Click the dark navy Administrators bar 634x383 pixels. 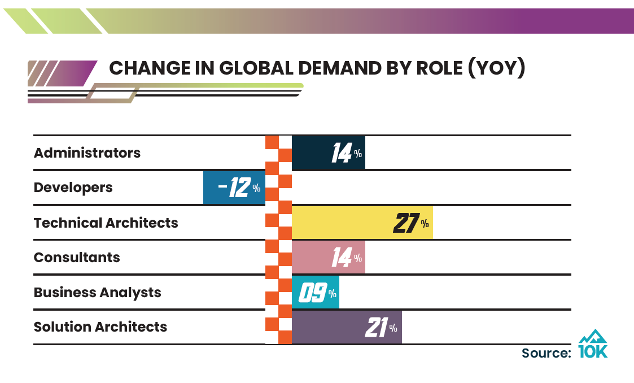[328, 153]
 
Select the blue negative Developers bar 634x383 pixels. [234, 188]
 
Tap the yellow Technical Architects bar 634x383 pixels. [362, 223]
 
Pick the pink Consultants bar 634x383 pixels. [328, 258]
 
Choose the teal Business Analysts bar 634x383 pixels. [315, 293]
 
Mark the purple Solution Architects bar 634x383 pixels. [346, 327]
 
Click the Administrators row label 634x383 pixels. [87, 153]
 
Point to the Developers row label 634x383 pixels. [73, 188]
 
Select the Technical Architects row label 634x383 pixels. [106, 223]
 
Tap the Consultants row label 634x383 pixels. [77, 258]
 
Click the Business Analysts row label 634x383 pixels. [97, 293]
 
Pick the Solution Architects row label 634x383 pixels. [100, 327]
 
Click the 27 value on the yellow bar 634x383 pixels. [406, 224]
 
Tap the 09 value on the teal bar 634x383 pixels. [312, 293]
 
